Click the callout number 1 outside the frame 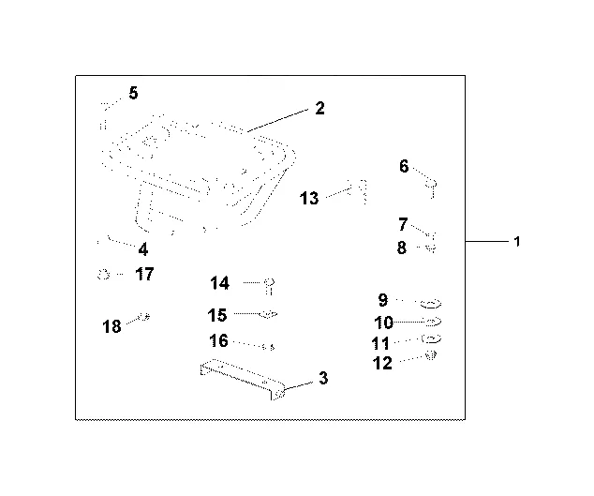[x=517, y=242]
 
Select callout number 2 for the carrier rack [x=319, y=108]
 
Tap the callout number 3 [x=323, y=378]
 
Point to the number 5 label [x=133, y=93]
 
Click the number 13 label [x=309, y=199]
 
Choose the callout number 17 [x=144, y=274]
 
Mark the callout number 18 [x=111, y=326]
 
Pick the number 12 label [x=382, y=363]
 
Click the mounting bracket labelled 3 [x=243, y=379]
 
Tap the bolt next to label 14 [x=269, y=286]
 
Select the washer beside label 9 [x=431, y=304]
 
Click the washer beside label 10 [x=433, y=322]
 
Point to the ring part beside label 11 [x=432, y=338]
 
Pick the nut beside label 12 [x=431, y=355]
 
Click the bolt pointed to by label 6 [x=432, y=188]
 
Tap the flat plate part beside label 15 [x=268, y=314]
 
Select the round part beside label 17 [x=103, y=274]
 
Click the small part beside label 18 [x=144, y=316]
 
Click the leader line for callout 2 [x=277, y=121]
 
